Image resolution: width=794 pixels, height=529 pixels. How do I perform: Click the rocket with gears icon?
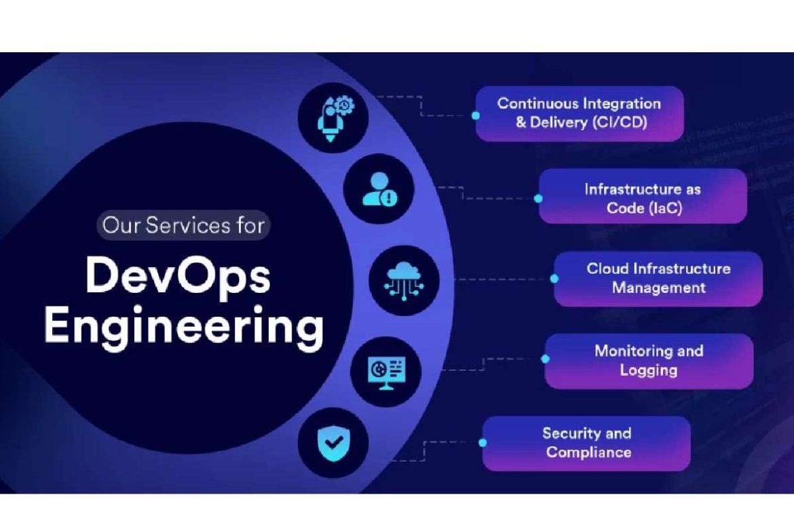pyautogui.click(x=333, y=117)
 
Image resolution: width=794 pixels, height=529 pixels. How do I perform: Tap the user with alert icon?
pyautogui.click(x=378, y=189)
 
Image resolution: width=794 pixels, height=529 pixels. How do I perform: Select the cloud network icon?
pyautogui.click(x=404, y=279)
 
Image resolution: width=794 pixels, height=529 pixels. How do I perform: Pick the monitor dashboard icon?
pyautogui.click(x=385, y=371)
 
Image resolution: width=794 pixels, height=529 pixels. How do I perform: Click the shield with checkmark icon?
pyautogui.click(x=333, y=443)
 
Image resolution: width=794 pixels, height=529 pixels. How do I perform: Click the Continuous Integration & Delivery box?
pyautogui.click(x=579, y=113)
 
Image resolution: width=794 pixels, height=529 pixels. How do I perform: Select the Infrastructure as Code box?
pyautogui.click(x=642, y=196)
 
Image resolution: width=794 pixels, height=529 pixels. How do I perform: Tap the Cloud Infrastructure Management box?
pyautogui.click(x=658, y=279)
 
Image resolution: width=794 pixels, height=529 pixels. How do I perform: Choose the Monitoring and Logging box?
pyautogui.click(x=649, y=361)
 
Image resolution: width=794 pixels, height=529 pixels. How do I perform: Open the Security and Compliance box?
pyautogui.click(x=586, y=444)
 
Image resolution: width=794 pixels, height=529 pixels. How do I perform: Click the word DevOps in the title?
pyautogui.click(x=178, y=276)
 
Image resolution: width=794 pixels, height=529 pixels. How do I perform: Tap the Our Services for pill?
pyautogui.click(x=183, y=225)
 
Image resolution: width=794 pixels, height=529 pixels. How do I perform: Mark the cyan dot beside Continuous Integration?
pyautogui.click(x=476, y=115)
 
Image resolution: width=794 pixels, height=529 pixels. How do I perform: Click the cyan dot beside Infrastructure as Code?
pyautogui.click(x=538, y=199)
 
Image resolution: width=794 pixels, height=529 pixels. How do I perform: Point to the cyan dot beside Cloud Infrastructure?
pyautogui.click(x=554, y=279)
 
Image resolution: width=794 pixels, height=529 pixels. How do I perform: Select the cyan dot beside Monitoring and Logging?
pyautogui.click(x=545, y=359)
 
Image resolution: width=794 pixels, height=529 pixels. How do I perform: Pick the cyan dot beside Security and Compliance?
pyautogui.click(x=483, y=442)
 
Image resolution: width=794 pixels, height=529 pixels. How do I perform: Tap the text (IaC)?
pyautogui.click(x=664, y=208)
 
